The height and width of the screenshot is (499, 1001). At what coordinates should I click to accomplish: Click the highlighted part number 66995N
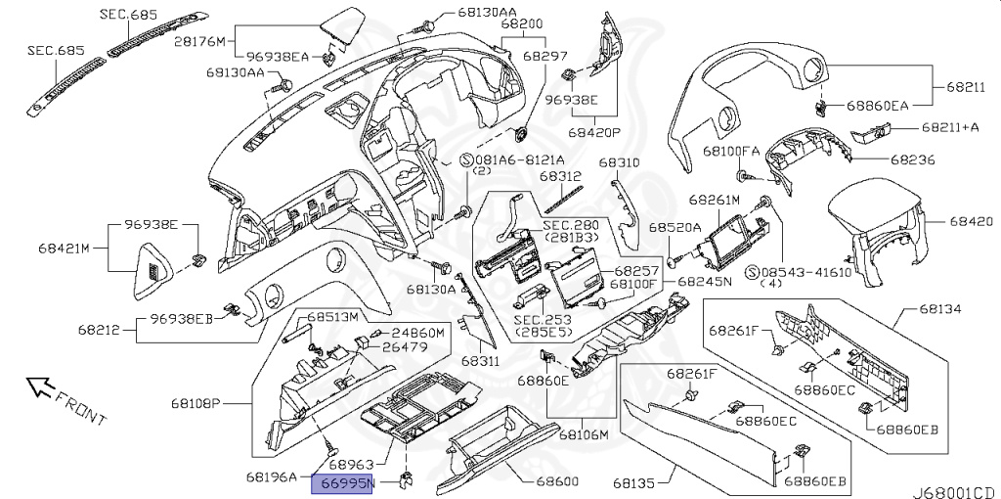pos(341,483)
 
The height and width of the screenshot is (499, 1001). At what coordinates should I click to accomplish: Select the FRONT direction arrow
pos(39,386)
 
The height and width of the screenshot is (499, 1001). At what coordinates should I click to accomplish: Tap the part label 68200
pos(522,24)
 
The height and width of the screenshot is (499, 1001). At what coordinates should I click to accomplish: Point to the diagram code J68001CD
pos(954,492)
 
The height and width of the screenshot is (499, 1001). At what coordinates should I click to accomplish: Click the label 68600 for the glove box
pos(557,481)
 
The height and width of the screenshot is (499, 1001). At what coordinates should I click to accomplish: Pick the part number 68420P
pos(595,133)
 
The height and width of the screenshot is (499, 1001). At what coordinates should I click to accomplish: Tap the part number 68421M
pos(64,249)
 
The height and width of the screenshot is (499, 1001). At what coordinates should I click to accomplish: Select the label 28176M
pos(199,41)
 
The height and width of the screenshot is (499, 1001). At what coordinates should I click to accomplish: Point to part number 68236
pos(913,159)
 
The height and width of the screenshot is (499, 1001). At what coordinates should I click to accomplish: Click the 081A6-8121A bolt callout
pos(512,159)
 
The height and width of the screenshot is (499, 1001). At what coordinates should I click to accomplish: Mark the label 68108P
pos(196,403)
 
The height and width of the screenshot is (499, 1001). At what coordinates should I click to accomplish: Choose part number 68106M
pos(585,435)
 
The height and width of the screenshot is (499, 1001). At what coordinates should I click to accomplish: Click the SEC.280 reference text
pos(571,225)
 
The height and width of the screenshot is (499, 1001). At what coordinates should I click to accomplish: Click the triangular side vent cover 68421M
pos(153,272)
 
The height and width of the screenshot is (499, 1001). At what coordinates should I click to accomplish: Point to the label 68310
pos(619,163)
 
